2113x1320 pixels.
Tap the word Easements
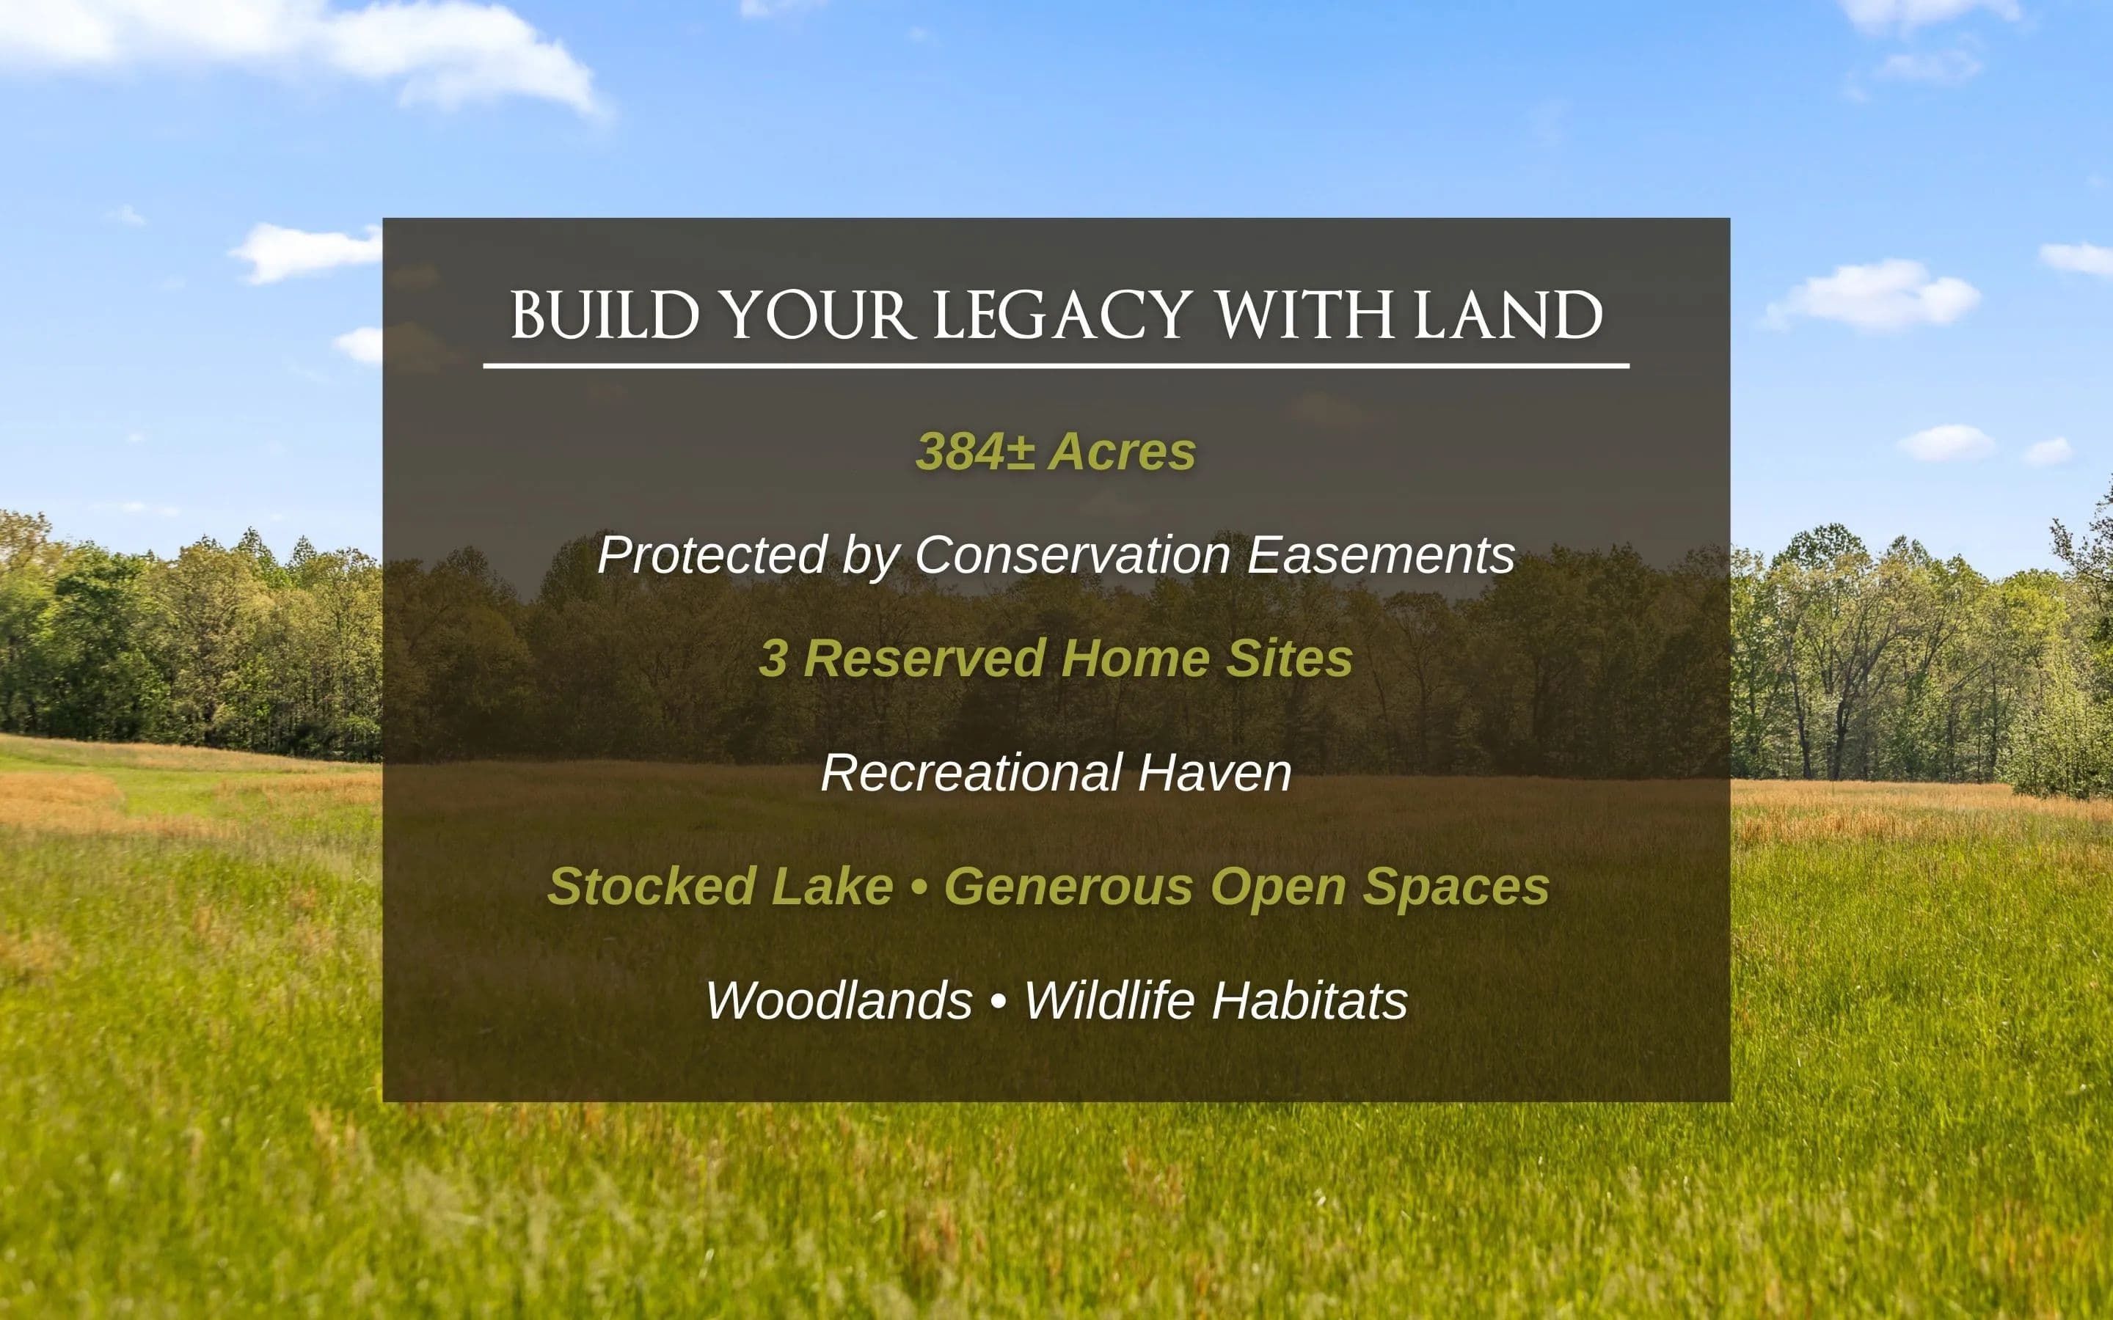[1381, 554]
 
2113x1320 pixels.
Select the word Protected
[712, 554]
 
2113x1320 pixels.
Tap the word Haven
[1214, 773]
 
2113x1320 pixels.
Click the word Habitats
[1309, 1000]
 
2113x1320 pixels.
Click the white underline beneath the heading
[1056, 366]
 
